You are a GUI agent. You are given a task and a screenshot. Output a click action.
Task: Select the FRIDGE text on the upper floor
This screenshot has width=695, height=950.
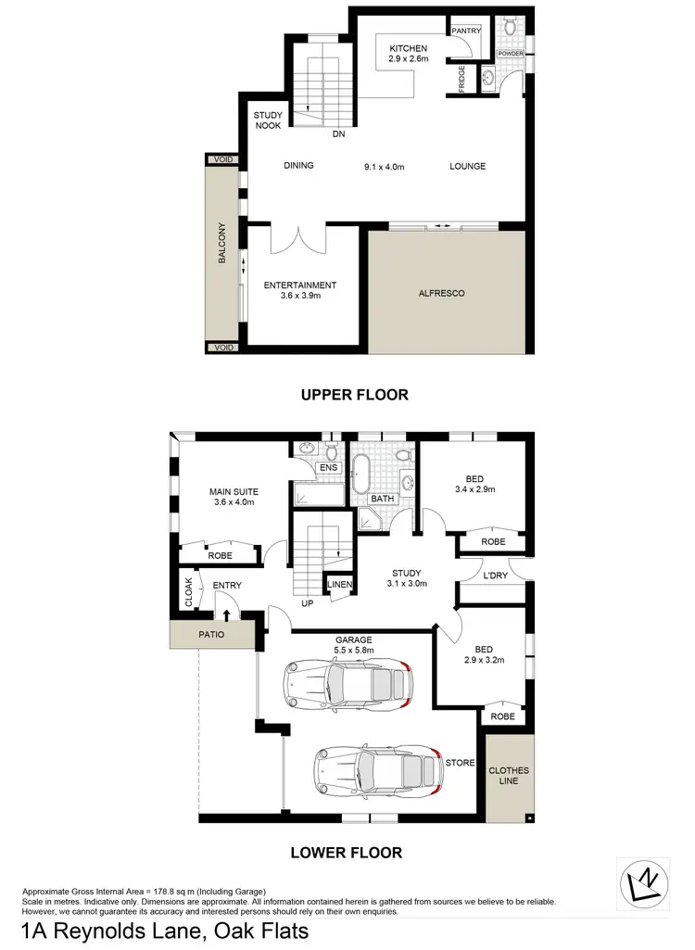point(461,79)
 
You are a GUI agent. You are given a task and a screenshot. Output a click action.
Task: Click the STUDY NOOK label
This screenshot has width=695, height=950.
point(270,120)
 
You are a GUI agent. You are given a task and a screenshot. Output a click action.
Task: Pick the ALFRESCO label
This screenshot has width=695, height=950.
point(441,293)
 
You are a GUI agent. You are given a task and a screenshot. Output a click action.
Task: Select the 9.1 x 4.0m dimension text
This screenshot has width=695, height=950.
point(384,167)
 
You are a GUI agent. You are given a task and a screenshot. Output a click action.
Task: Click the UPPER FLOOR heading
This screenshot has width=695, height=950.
point(354,395)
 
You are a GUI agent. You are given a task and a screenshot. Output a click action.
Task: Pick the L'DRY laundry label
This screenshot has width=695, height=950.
point(495,576)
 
